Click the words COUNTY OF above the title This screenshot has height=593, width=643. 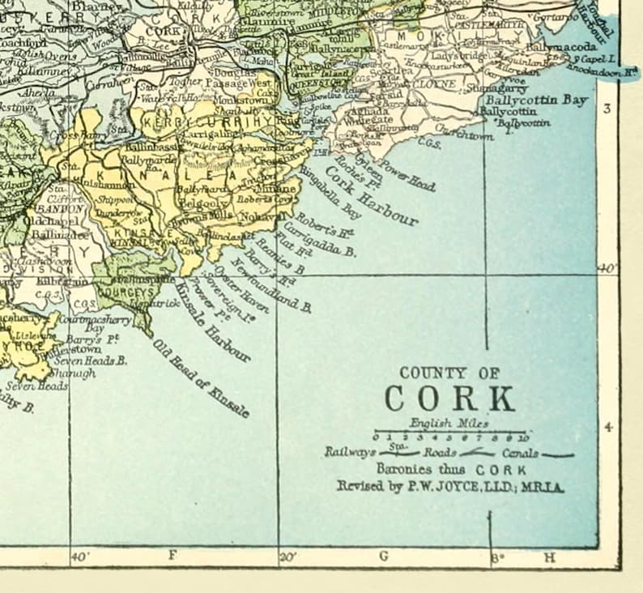tap(444, 373)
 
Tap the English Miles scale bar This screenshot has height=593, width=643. tap(449, 434)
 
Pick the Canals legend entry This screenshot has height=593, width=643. tap(520, 454)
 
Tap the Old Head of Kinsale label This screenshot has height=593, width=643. tap(200, 377)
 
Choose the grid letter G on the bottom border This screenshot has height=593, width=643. tap(384, 556)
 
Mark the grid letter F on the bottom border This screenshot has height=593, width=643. tap(172, 556)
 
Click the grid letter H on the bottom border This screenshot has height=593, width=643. tap(550, 557)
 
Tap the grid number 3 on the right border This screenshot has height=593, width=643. tap(609, 108)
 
